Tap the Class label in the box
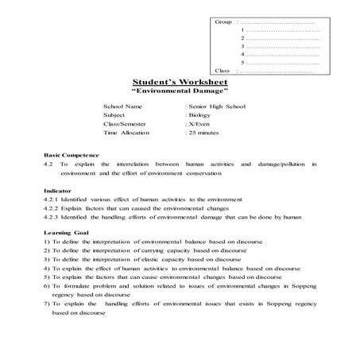click(223, 71)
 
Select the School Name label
click(123, 106)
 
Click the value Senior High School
click(216, 106)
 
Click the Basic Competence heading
click(72, 154)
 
